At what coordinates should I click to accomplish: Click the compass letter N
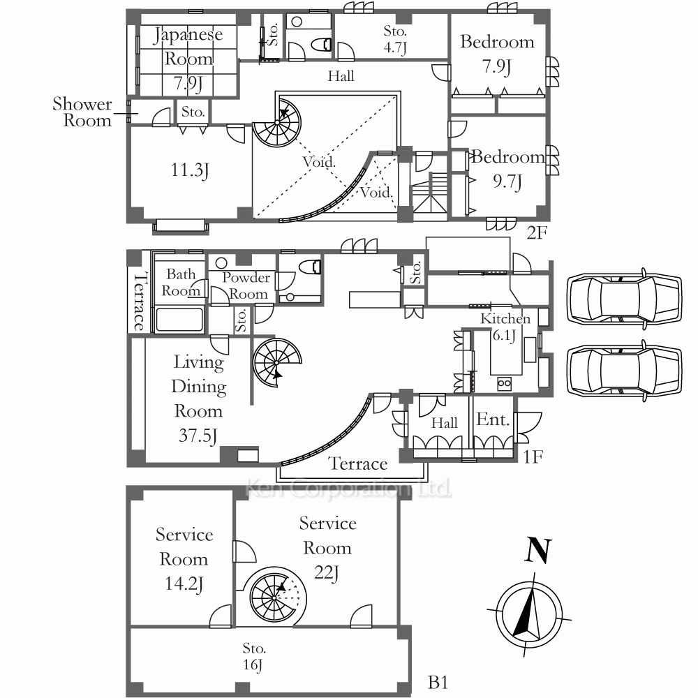click(537, 550)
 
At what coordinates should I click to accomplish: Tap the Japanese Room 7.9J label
click(188, 59)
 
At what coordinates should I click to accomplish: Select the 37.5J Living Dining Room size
click(198, 436)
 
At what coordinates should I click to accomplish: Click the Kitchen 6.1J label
click(505, 327)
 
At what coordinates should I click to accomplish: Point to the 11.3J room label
click(190, 170)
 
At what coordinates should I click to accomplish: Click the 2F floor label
click(536, 232)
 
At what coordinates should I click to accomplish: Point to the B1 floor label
click(438, 682)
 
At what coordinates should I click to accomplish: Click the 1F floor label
click(533, 456)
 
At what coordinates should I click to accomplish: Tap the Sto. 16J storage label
click(254, 656)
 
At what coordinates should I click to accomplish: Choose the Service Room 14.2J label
click(184, 560)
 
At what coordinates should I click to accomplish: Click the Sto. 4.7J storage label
click(395, 39)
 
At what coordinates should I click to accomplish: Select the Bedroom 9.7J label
click(507, 169)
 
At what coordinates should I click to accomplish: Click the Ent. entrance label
click(493, 419)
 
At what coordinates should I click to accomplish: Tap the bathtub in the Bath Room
click(179, 319)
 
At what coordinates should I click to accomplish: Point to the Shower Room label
click(82, 112)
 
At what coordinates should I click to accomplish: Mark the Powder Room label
click(246, 285)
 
